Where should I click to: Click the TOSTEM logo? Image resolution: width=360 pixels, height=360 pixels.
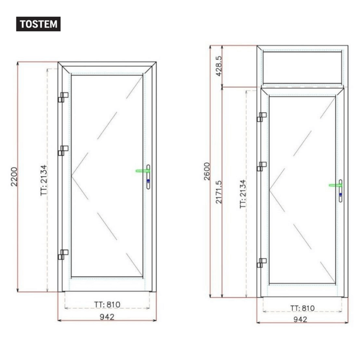(x=38, y=24)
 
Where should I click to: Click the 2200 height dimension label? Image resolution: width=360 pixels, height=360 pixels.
(x=14, y=177)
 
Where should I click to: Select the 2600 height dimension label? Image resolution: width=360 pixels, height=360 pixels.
(x=207, y=171)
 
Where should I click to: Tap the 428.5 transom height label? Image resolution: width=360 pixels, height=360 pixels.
(x=219, y=66)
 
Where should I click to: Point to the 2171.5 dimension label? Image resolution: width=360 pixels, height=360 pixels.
(x=219, y=192)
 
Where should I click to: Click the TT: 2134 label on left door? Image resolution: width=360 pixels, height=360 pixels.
(x=43, y=180)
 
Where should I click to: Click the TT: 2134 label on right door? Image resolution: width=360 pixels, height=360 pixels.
(x=243, y=194)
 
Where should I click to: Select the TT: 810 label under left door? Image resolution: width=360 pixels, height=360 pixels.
(x=107, y=304)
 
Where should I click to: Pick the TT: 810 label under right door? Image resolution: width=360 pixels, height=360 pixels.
(x=302, y=308)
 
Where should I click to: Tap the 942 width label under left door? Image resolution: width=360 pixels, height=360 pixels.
(x=107, y=317)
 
